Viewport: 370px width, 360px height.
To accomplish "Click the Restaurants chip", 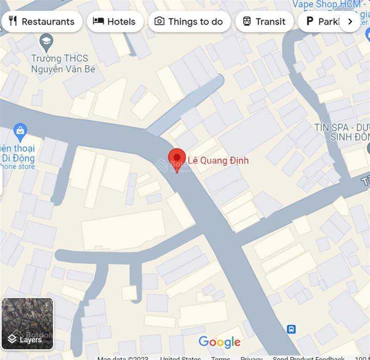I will click(x=42, y=22).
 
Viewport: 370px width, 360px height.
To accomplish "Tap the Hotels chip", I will click(x=115, y=22).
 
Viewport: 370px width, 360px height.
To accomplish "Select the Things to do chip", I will click(x=189, y=22).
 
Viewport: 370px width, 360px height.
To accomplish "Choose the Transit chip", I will click(x=264, y=22).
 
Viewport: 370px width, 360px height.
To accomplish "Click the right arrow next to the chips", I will click(x=350, y=22).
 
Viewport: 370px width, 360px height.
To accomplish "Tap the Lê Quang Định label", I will click(x=218, y=161).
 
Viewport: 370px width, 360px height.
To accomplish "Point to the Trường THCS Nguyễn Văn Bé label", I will click(x=63, y=64).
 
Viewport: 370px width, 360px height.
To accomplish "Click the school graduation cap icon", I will click(x=46, y=43).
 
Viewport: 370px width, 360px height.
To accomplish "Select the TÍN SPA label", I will click(x=342, y=132).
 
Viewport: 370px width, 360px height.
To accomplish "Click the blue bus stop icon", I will click(x=291, y=329).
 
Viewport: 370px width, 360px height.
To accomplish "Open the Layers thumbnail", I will click(x=27, y=323).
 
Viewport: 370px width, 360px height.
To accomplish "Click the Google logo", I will click(x=219, y=342).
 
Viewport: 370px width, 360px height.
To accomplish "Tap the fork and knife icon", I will click(x=13, y=21).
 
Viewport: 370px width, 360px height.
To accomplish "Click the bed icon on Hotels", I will click(x=98, y=21).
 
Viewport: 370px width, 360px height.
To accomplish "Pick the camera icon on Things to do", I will click(x=159, y=22).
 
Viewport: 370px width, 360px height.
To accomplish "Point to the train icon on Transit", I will click(x=247, y=22).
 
